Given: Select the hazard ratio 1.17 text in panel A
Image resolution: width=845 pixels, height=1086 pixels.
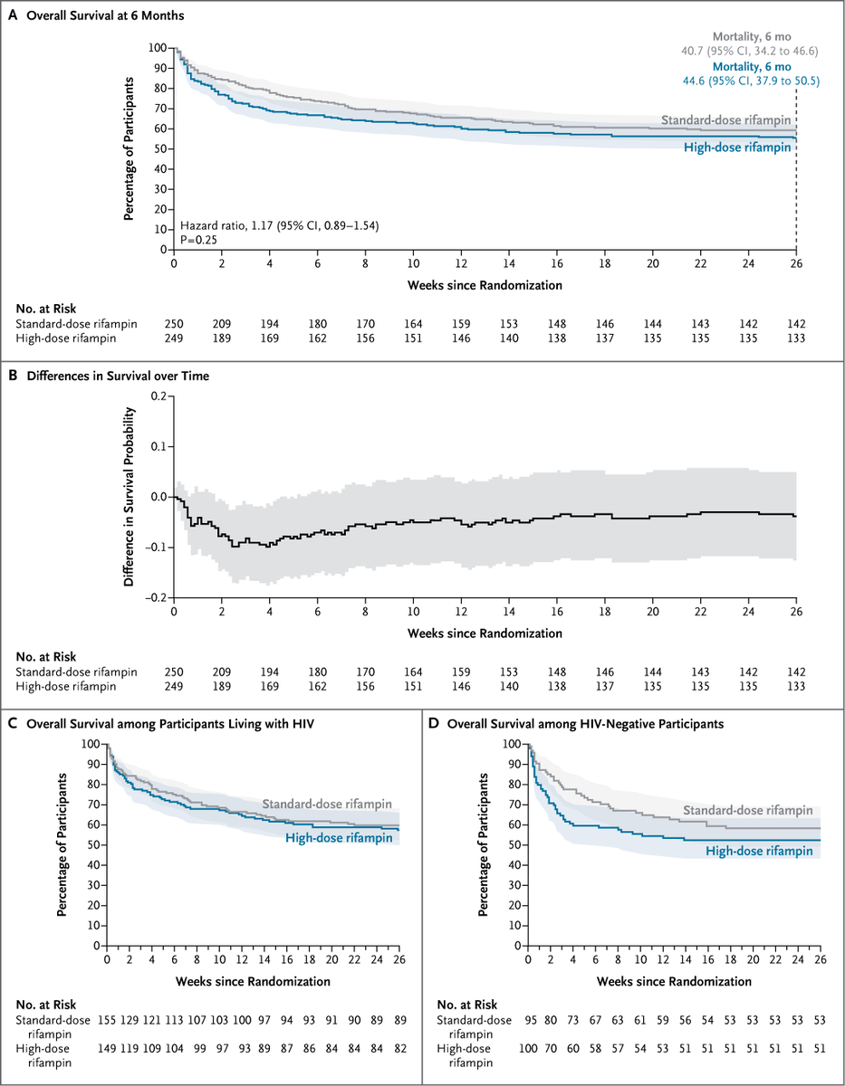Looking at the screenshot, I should click(x=279, y=224).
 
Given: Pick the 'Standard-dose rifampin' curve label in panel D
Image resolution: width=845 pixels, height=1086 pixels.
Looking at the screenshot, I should click(x=747, y=810).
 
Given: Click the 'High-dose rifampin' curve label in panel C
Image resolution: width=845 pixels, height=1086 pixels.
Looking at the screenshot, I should click(x=339, y=838).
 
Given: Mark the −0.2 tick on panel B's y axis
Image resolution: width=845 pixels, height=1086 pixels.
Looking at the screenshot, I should click(x=158, y=597).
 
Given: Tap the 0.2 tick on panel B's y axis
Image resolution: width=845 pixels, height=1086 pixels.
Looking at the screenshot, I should click(x=161, y=396).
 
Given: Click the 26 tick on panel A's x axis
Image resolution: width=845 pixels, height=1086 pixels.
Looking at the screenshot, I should click(x=796, y=263).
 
